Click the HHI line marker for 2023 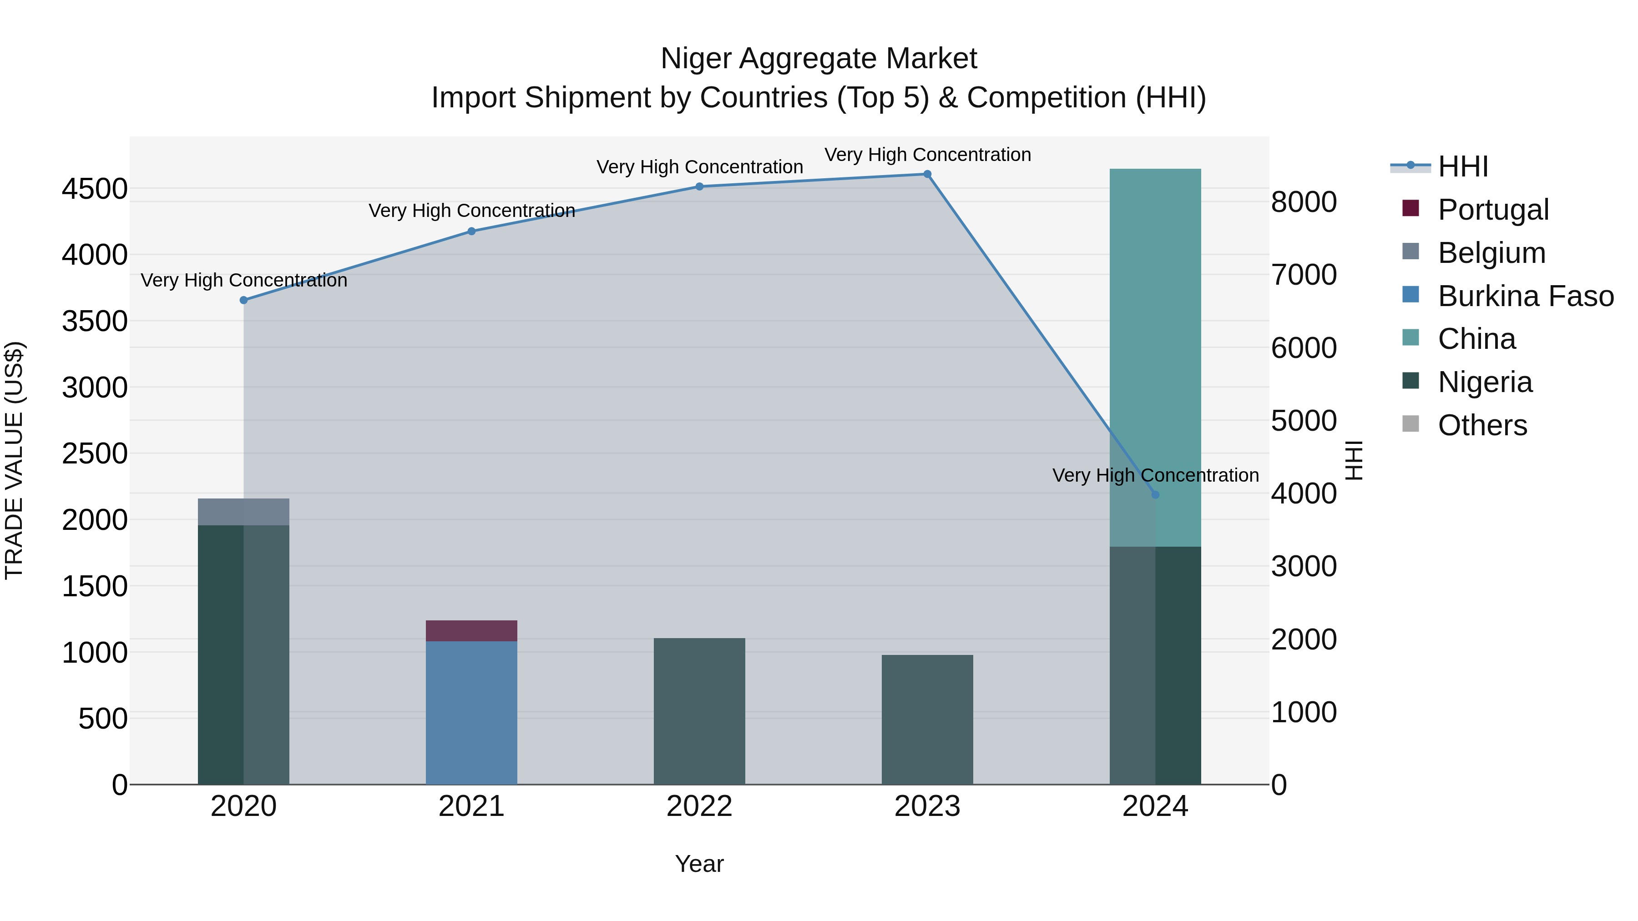927,174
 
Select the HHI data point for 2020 243,300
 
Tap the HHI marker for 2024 1155,494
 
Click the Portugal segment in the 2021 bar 471,630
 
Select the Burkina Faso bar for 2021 471,712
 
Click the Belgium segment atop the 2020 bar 243,512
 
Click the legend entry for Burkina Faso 1525,296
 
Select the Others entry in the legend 1481,425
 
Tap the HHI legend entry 1462,166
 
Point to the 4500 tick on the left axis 95,189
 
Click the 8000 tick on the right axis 1304,202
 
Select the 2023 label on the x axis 927,806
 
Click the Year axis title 699,864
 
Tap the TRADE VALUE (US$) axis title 14,460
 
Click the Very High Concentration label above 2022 699,167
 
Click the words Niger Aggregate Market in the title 819,59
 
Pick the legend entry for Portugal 1493,210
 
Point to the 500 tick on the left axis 102,719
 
